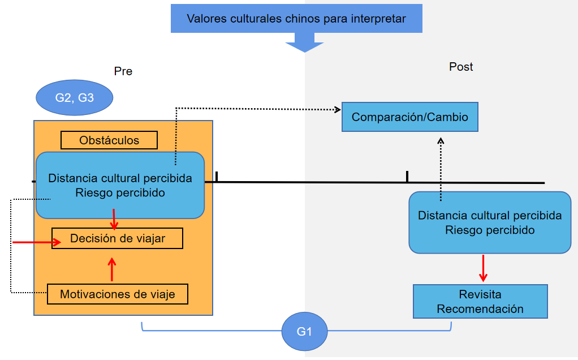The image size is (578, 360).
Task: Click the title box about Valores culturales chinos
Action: [296, 19]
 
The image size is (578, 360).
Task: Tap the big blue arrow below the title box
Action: [305, 43]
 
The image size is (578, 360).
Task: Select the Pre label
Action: [123, 71]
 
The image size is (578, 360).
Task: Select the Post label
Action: [461, 67]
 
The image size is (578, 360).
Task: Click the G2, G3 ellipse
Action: [75, 98]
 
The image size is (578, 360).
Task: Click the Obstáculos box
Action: [109, 140]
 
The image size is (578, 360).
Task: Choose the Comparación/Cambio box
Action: [410, 117]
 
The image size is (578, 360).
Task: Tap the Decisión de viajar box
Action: [118, 238]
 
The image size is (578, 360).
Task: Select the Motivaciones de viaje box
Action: [117, 294]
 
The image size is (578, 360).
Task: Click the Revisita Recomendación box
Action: [480, 302]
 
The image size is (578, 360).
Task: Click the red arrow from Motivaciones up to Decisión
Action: [112, 269]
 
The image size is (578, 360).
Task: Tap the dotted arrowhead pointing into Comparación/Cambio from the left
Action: [337, 109]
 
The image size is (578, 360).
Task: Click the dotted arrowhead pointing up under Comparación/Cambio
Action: [441, 142]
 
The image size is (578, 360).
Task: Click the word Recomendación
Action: [480, 309]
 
